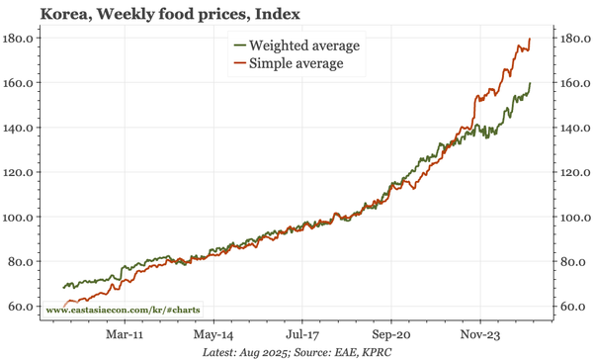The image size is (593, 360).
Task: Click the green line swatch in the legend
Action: [x=238, y=45]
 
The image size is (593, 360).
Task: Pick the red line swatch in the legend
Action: [x=238, y=63]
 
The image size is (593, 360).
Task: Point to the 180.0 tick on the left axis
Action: [x=20, y=38]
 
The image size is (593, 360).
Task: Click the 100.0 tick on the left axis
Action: [x=20, y=217]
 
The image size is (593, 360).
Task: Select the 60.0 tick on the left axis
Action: [x=22, y=307]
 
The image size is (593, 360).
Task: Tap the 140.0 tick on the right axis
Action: [x=569, y=128]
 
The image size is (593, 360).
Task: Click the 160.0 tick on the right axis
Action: [x=569, y=83]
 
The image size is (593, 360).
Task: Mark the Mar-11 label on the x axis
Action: [x=126, y=334]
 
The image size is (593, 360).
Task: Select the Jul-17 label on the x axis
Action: [x=301, y=334]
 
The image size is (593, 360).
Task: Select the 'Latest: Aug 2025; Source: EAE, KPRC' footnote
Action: [x=296, y=352]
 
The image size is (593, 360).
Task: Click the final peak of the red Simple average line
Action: [x=531, y=39]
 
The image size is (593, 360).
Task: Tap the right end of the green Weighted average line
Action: [x=531, y=83]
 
